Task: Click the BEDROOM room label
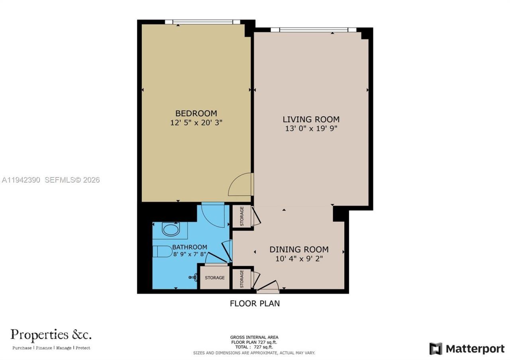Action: coord(196,113)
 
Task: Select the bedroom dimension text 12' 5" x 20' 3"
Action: coord(196,123)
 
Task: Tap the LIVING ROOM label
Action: coord(311,119)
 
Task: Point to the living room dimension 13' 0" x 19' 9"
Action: coord(311,129)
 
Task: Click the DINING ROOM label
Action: coord(299,250)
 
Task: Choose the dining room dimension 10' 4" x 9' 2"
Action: coord(299,259)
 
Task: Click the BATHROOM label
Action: coord(189,247)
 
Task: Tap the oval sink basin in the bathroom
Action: coord(171,230)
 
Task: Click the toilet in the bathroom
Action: coord(162,252)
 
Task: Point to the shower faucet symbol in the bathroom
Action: coord(193,277)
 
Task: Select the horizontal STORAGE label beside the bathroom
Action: coord(215,278)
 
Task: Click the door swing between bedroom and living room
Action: coord(241,184)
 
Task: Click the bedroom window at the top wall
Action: coord(203,22)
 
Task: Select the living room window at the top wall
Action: coord(313,29)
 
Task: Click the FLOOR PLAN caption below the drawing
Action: coord(255,303)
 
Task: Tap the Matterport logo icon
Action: coord(435,349)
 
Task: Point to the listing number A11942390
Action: coord(21,180)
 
